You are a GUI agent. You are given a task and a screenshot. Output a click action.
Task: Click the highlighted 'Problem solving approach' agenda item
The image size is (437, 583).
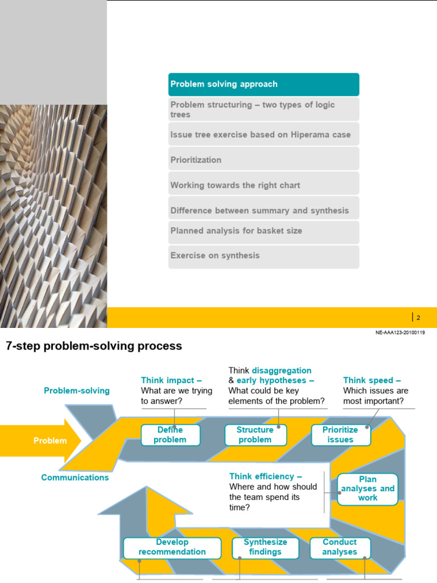coord(263,84)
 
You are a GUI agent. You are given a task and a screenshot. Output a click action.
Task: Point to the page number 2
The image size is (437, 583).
coord(418,318)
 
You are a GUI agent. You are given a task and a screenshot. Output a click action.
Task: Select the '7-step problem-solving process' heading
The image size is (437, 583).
coord(94,346)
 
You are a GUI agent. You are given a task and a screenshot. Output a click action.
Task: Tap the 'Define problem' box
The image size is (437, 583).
coord(170,435)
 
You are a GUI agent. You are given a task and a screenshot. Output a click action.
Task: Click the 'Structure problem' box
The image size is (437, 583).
coord(255,435)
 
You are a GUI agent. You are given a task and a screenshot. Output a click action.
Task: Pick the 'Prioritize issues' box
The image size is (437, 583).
coord(340,435)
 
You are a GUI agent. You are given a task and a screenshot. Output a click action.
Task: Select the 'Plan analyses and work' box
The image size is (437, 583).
coord(368,488)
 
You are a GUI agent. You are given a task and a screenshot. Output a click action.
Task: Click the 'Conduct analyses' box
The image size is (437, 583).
coord(340,547)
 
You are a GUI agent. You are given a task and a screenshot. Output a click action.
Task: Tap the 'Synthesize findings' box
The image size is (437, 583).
coord(265,547)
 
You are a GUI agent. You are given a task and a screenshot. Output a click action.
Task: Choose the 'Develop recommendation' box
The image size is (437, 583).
coord(172,547)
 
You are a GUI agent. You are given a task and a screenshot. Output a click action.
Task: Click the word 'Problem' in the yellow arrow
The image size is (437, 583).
coord(50,441)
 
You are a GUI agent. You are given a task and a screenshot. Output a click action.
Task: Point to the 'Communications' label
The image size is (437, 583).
coord(75,478)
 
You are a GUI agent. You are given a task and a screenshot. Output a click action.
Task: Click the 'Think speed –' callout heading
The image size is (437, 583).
coord(372,380)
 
